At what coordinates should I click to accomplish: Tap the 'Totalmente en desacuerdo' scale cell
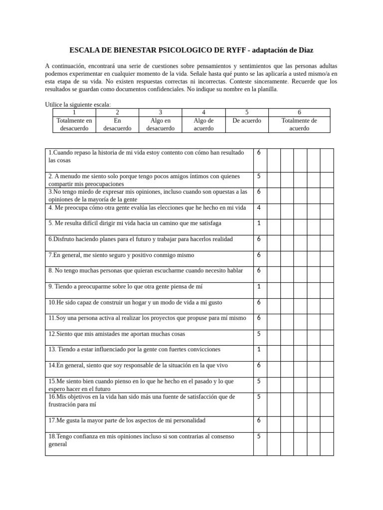pyautogui.click(x=74, y=125)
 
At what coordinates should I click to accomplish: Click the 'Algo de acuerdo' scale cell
pyautogui.click(x=203, y=125)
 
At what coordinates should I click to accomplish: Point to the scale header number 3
pyautogui.click(x=160, y=113)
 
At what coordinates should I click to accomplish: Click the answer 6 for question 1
pyautogui.click(x=259, y=152)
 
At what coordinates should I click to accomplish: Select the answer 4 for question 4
pyautogui.click(x=259, y=208)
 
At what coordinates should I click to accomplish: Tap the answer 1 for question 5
pyautogui.click(x=259, y=224)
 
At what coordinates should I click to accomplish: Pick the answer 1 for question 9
pyautogui.click(x=259, y=287)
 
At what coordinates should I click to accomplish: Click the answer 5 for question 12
pyautogui.click(x=259, y=334)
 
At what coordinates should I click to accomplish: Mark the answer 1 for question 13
pyautogui.click(x=259, y=350)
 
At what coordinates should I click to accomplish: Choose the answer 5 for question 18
pyautogui.click(x=259, y=436)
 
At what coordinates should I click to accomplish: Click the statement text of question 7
pyautogui.click(x=121, y=255)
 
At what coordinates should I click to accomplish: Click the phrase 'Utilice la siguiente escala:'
pyautogui.click(x=78, y=104)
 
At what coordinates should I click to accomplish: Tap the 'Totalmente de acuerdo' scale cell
pyautogui.click(x=299, y=125)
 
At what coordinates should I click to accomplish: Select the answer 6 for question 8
pyautogui.click(x=259, y=271)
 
